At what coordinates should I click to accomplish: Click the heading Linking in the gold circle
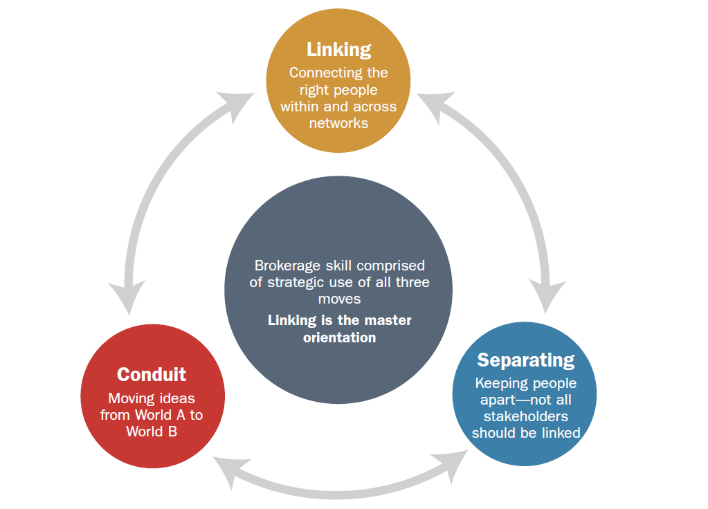[x=338, y=50]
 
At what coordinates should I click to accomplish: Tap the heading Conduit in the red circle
[x=152, y=374]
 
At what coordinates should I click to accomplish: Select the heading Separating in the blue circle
[x=525, y=360]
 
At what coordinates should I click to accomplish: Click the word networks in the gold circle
[x=338, y=123]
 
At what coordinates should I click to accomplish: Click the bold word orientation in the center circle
[x=339, y=337]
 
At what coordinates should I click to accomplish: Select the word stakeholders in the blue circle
[x=525, y=416]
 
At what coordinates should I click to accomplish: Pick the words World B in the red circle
[x=152, y=432]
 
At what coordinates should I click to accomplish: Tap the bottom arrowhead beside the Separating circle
[x=454, y=468]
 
